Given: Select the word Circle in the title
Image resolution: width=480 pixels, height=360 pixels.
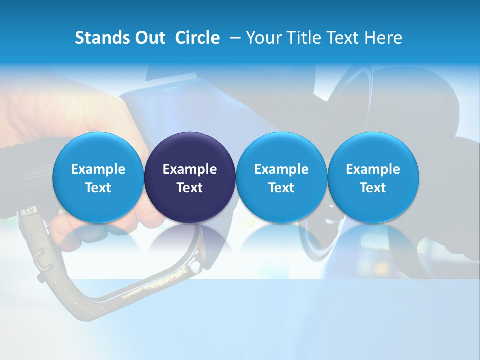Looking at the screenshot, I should click(x=197, y=38).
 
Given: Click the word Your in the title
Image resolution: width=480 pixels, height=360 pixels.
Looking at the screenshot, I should click(x=264, y=38).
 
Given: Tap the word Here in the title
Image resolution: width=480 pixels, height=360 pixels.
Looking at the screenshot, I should click(x=383, y=38).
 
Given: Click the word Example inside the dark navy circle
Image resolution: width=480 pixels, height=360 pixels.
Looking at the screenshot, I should click(x=190, y=169).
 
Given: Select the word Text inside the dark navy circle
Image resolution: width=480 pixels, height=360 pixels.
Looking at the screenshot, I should click(x=190, y=188).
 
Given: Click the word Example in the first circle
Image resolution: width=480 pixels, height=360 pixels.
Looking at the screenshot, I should click(x=98, y=169).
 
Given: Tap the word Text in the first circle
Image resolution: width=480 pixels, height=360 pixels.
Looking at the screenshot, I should click(x=98, y=188).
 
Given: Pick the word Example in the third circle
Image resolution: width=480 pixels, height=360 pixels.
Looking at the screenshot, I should click(x=281, y=169).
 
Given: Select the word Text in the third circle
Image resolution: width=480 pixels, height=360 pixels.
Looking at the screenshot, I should click(x=281, y=188).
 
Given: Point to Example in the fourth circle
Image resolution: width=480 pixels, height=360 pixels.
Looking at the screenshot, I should click(x=373, y=169).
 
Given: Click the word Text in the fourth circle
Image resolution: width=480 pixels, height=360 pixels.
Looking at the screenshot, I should click(x=373, y=188).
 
